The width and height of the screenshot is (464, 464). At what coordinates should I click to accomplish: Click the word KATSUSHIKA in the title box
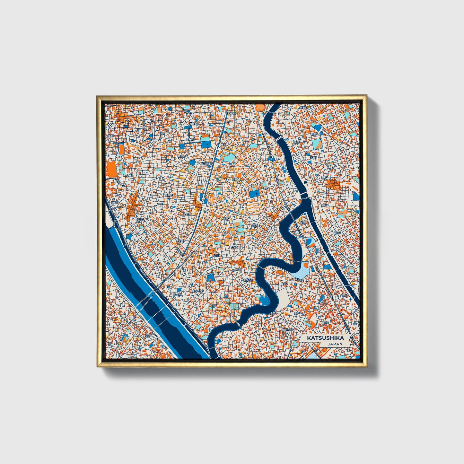pos(325,338)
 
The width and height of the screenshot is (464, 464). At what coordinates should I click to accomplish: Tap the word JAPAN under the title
pos(335,344)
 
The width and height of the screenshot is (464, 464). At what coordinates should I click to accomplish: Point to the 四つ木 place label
pos(177,293)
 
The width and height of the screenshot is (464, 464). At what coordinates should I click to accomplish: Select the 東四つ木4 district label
pos(197,291)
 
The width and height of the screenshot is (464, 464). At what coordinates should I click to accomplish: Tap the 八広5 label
pos(148,335)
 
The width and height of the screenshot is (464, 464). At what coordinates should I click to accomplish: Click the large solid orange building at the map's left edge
pos(111,169)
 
